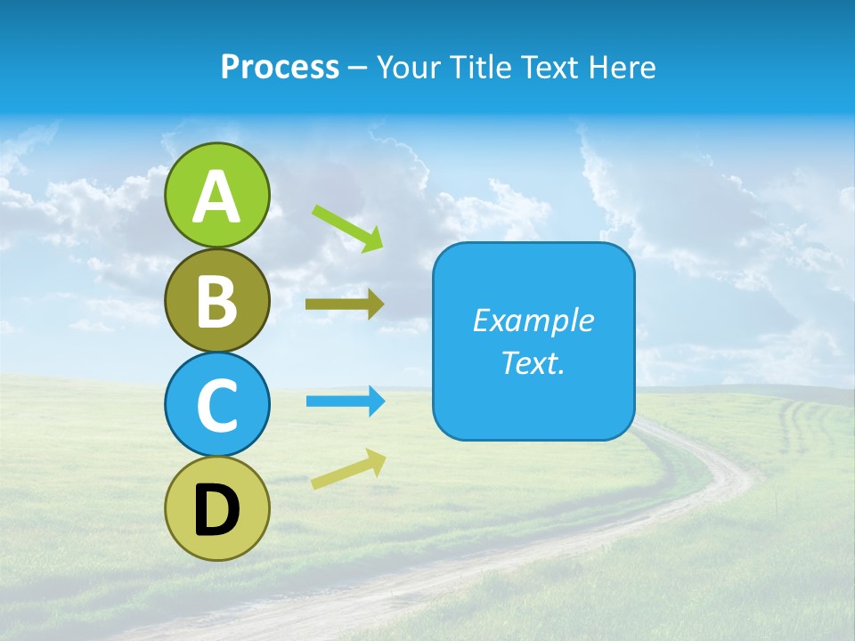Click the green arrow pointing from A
tap(347, 226)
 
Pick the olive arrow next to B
tap(345, 304)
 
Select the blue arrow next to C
tap(346, 402)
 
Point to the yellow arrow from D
tap(348, 469)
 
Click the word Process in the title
tap(280, 67)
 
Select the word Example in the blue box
tap(533, 320)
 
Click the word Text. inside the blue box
tap(533, 362)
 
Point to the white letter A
tap(216, 198)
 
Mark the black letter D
tap(216, 511)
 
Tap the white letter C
tap(216, 406)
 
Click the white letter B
tap(216, 301)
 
